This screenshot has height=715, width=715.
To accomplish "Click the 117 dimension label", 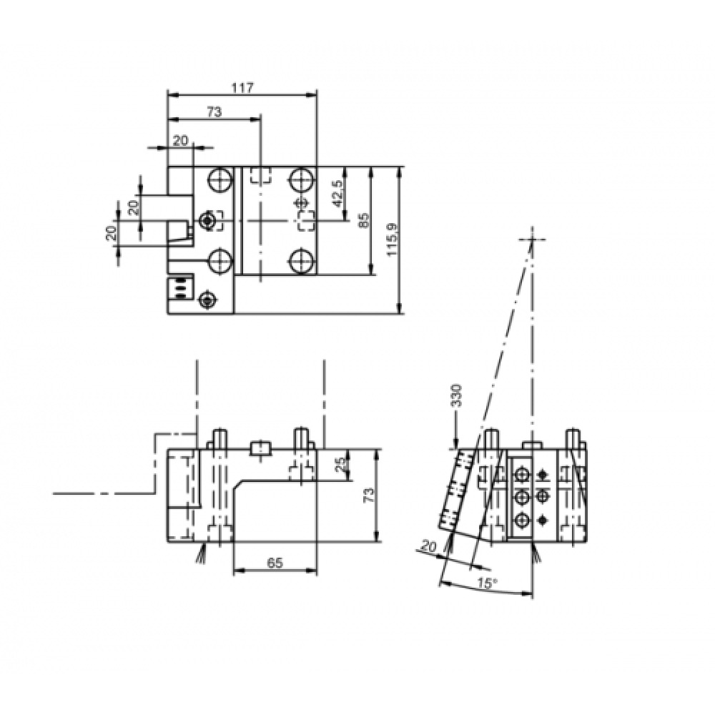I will pos(242,88).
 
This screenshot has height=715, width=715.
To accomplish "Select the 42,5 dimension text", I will pos(337,193).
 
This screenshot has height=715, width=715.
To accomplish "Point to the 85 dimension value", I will pos(364,220).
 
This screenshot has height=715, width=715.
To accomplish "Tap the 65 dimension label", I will pos(275,563).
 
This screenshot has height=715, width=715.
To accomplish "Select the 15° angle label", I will pos(485,584).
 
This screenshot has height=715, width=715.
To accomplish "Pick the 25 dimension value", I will pos(341,465).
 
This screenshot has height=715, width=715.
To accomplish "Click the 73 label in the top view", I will pos(214,112).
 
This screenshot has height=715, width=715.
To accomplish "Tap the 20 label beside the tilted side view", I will pos(428,547).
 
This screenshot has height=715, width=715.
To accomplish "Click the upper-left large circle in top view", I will pos(220,179).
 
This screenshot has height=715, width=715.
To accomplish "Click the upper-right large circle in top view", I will pos(302,179).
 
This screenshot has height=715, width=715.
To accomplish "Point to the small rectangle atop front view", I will pos(260,448).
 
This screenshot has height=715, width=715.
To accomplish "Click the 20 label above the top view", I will pos(180,141).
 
